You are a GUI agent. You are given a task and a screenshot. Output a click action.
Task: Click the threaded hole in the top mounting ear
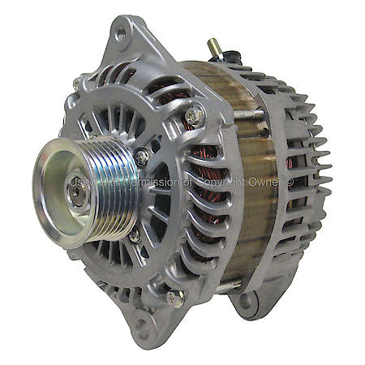[x=121, y=33]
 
